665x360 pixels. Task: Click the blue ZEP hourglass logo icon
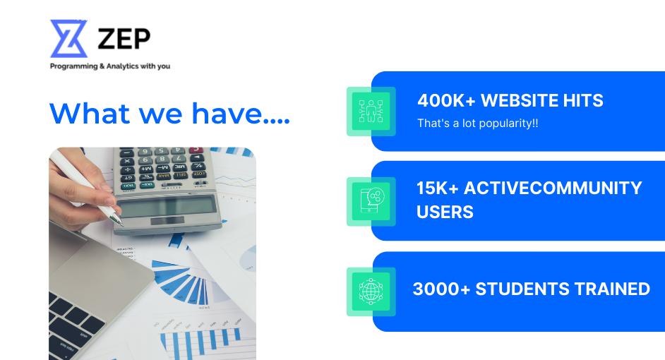point(68,39)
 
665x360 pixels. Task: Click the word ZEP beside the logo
point(124,39)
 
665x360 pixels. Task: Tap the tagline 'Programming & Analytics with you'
point(110,66)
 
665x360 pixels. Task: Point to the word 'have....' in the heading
point(241,113)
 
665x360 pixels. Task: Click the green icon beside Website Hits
point(371,112)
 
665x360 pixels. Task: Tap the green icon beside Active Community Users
point(371,201)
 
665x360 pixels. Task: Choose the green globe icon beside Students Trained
point(371,292)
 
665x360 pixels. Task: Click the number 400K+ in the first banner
point(447,100)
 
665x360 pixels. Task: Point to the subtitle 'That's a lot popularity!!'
point(477,124)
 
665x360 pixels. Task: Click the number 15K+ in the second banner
point(437,188)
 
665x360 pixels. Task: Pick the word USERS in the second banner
point(445,212)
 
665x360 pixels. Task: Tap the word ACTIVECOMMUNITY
point(553,188)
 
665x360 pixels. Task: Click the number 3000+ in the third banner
point(441,289)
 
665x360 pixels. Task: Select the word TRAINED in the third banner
point(612,289)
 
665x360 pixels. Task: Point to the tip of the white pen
point(122,224)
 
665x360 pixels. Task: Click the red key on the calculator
point(196,150)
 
